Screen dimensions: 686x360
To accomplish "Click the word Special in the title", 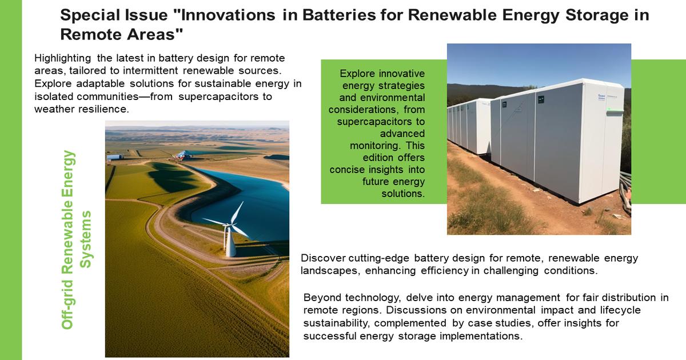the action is coord(88,15).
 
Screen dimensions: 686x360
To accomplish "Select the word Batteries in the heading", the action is coord(339,15).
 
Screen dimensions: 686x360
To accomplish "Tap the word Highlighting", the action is coord(62,58).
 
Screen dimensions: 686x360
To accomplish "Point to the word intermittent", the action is coord(150,71).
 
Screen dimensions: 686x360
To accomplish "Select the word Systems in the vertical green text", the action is coord(85,239).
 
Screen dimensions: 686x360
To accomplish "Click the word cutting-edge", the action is coord(378,258).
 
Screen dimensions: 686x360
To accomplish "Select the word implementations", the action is coord(481,336).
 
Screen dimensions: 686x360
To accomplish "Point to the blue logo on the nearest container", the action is coord(601,97).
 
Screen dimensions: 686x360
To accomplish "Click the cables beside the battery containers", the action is coord(625,191).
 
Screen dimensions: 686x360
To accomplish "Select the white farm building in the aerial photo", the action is coord(115,157).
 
